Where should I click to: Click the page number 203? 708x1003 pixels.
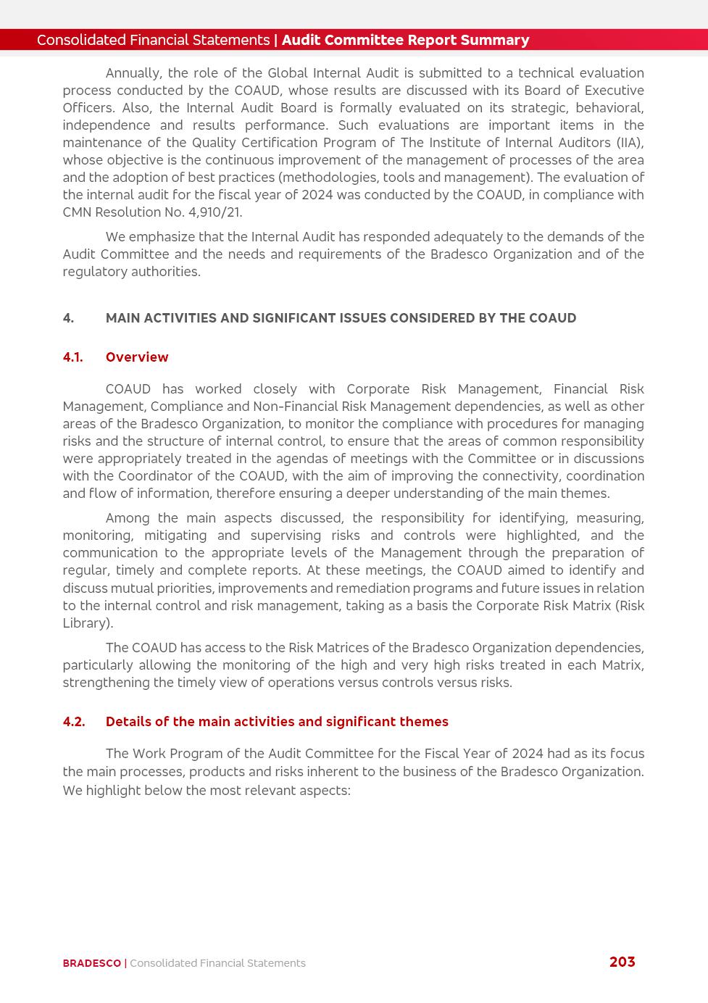click(x=622, y=962)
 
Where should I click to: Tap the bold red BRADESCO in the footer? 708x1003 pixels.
click(x=92, y=963)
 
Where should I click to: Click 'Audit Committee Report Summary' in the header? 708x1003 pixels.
click(x=405, y=40)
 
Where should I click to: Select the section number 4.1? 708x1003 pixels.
click(x=72, y=357)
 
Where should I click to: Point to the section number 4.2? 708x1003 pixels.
click(x=73, y=722)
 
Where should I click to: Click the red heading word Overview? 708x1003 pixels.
click(x=137, y=357)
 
